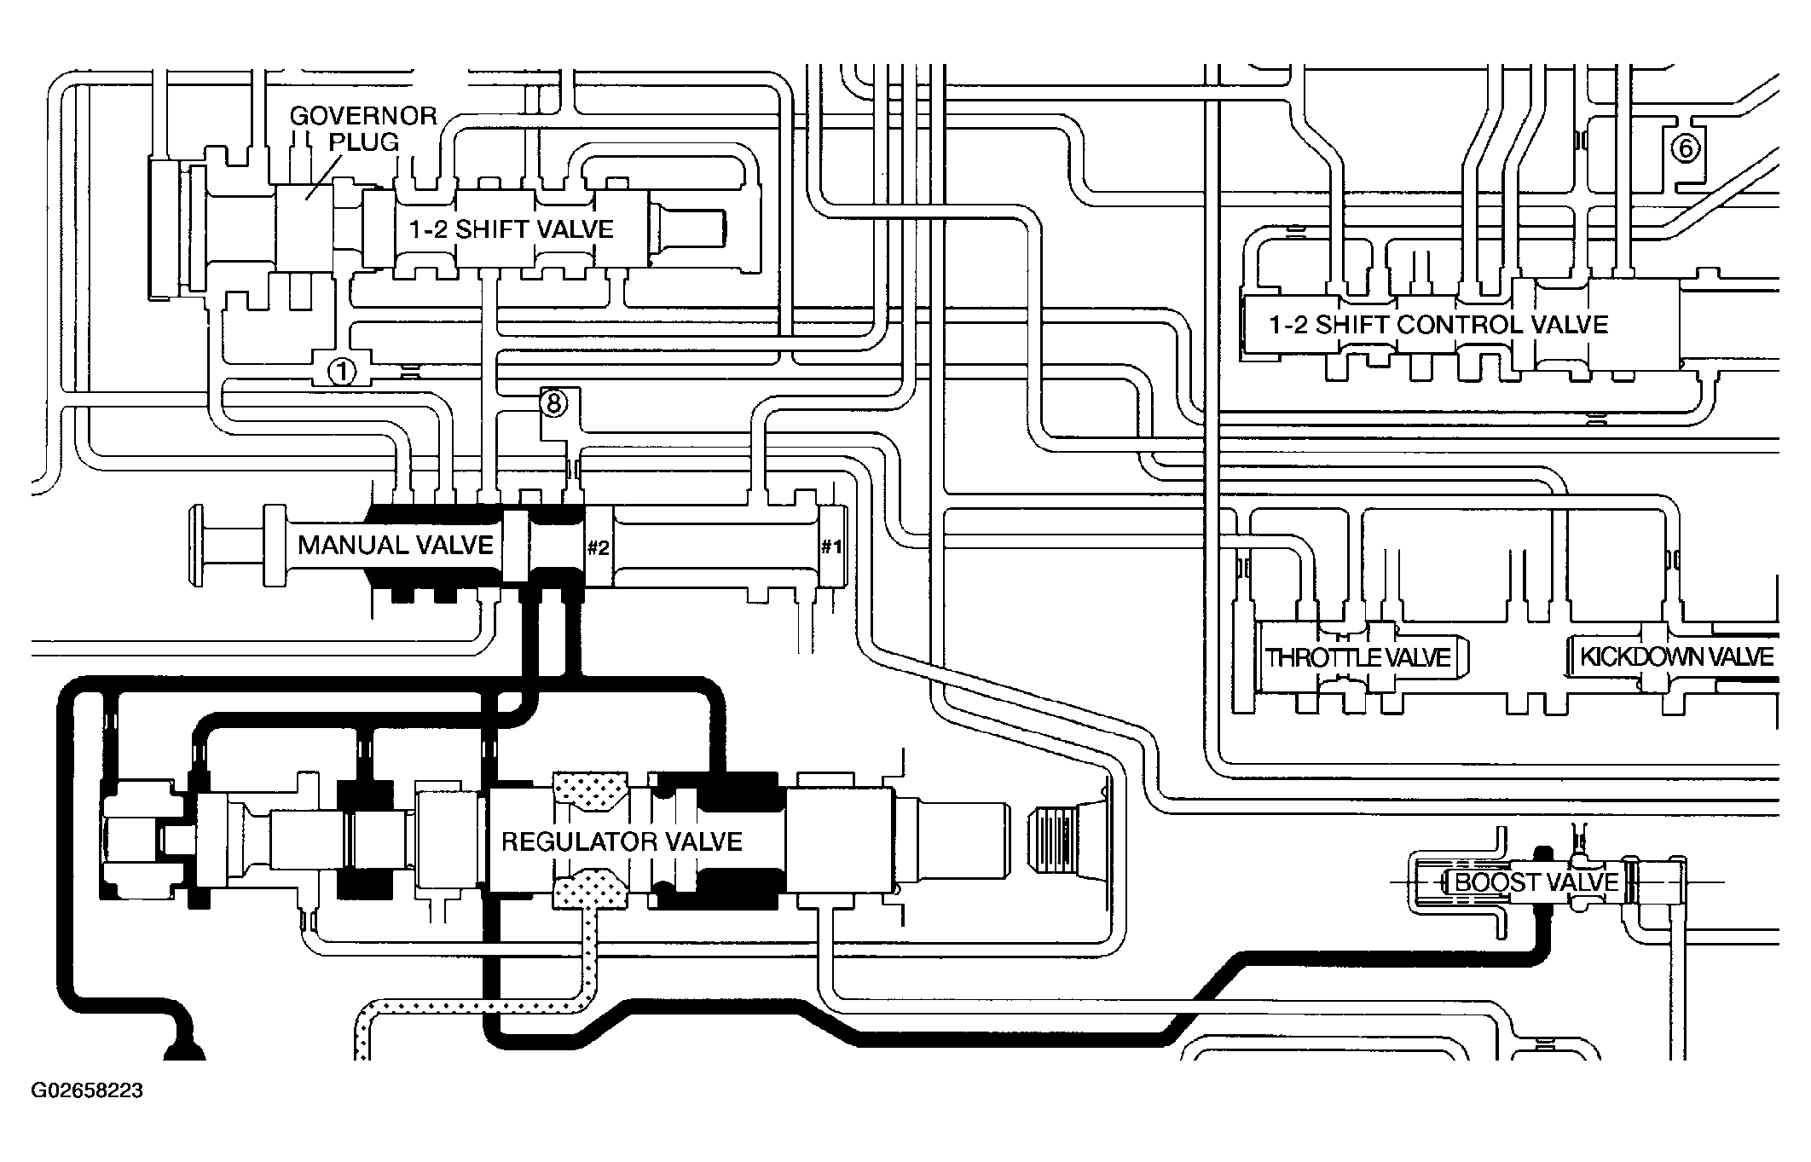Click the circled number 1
pyautogui.click(x=342, y=372)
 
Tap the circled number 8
pyautogui.click(x=553, y=402)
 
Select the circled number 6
pyautogui.click(x=1685, y=149)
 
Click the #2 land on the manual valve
pyautogui.click(x=598, y=546)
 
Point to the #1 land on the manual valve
pyautogui.click(x=831, y=546)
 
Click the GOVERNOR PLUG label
pyautogui.click(x=363, y=128)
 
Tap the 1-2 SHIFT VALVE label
pyautogui.click(x=512, y=229)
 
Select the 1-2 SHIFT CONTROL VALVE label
pyautogui.click(x=1438, y=325)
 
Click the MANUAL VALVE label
pyautogui.click(x=396, y=545)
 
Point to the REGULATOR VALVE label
pyautogui.click(x=622, y=842)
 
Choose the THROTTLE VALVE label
pyautogui.click(x=1358, y=657)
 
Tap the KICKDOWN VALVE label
pyautogui.click(x=1676, y=656)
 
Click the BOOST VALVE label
pyautogui.click(x=1536, y=882)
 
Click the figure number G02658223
pyautogui.click(x=88, y=1090)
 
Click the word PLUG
pyautogui.click(x=364, y=142)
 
